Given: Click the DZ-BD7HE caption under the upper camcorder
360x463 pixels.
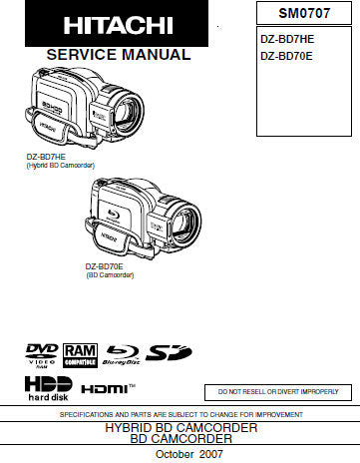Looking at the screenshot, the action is click(47, 156).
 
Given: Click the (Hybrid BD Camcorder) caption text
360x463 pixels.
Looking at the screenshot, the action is click(59, 165).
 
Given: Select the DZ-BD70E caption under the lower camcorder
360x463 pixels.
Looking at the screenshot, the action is click(105, 265).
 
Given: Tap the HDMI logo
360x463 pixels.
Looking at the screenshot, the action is click(108, 387).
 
